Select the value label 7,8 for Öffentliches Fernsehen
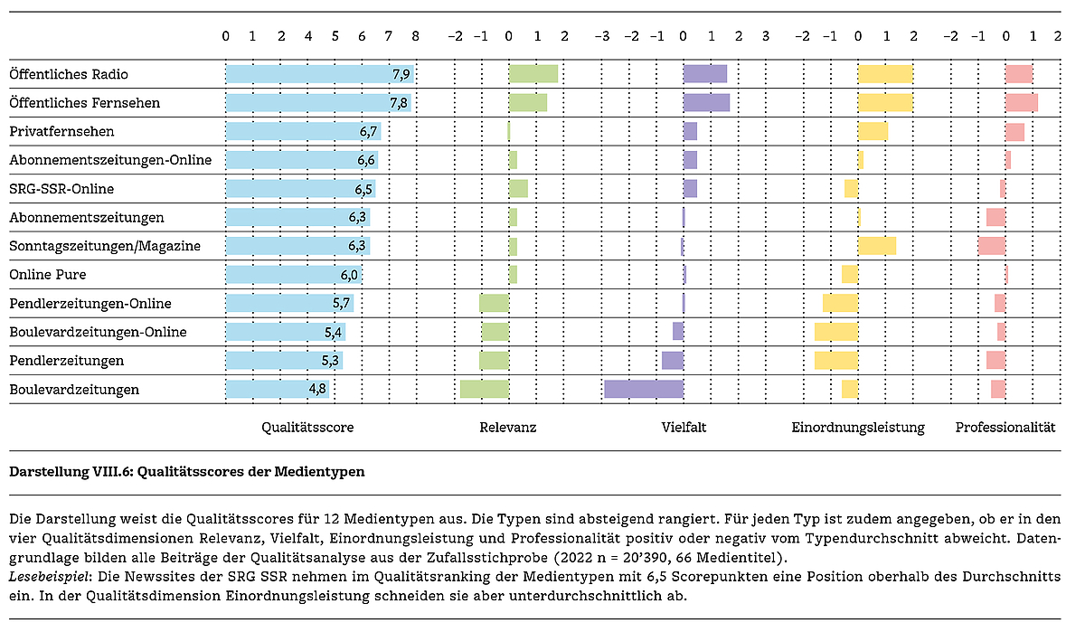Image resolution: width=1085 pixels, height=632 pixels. [x=399, y=103]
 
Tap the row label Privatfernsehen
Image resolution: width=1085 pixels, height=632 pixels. [x=61, y=131]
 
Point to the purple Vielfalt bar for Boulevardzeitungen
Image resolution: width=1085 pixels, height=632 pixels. [x=643, y=390]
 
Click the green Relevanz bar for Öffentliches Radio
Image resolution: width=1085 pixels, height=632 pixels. [x=533, y=74]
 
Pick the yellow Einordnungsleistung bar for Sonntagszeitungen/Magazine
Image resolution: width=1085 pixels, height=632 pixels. [x=877, y=246]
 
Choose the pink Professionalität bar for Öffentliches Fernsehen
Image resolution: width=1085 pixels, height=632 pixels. [x=1022, y=103]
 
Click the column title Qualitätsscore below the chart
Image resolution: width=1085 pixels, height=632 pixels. [x=307, y=428]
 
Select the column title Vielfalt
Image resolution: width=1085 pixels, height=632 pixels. [x=684, y=428]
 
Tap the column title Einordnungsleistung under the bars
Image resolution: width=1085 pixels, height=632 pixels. [x=858, y=428]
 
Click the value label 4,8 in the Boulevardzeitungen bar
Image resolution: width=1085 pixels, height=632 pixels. [x=317, y=390]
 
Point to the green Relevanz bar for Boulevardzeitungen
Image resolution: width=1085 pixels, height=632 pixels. [x=485, y=390]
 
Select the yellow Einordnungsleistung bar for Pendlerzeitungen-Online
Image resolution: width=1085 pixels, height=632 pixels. [x=840, y=304]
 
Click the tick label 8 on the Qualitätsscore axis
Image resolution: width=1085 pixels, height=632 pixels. [x=415, y=37]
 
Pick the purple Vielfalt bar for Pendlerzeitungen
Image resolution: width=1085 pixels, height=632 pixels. [x=673, y=361]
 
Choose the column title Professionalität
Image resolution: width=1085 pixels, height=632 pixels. [x=1005, y=428]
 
